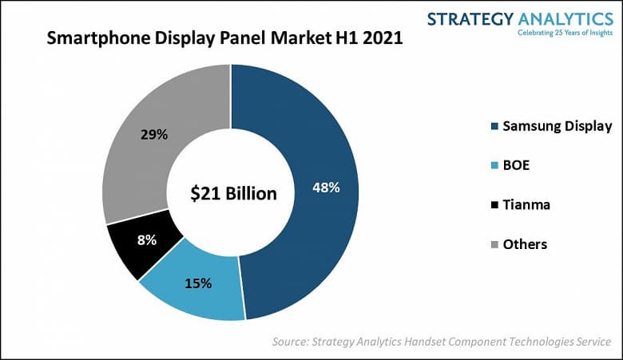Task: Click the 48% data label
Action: pos(326,188)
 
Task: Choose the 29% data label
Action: pos(154,134)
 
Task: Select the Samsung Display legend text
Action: pos(558,125)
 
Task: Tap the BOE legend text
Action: pos(518,165)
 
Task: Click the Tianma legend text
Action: pos(527,204)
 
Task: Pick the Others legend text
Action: pos(525,244)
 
